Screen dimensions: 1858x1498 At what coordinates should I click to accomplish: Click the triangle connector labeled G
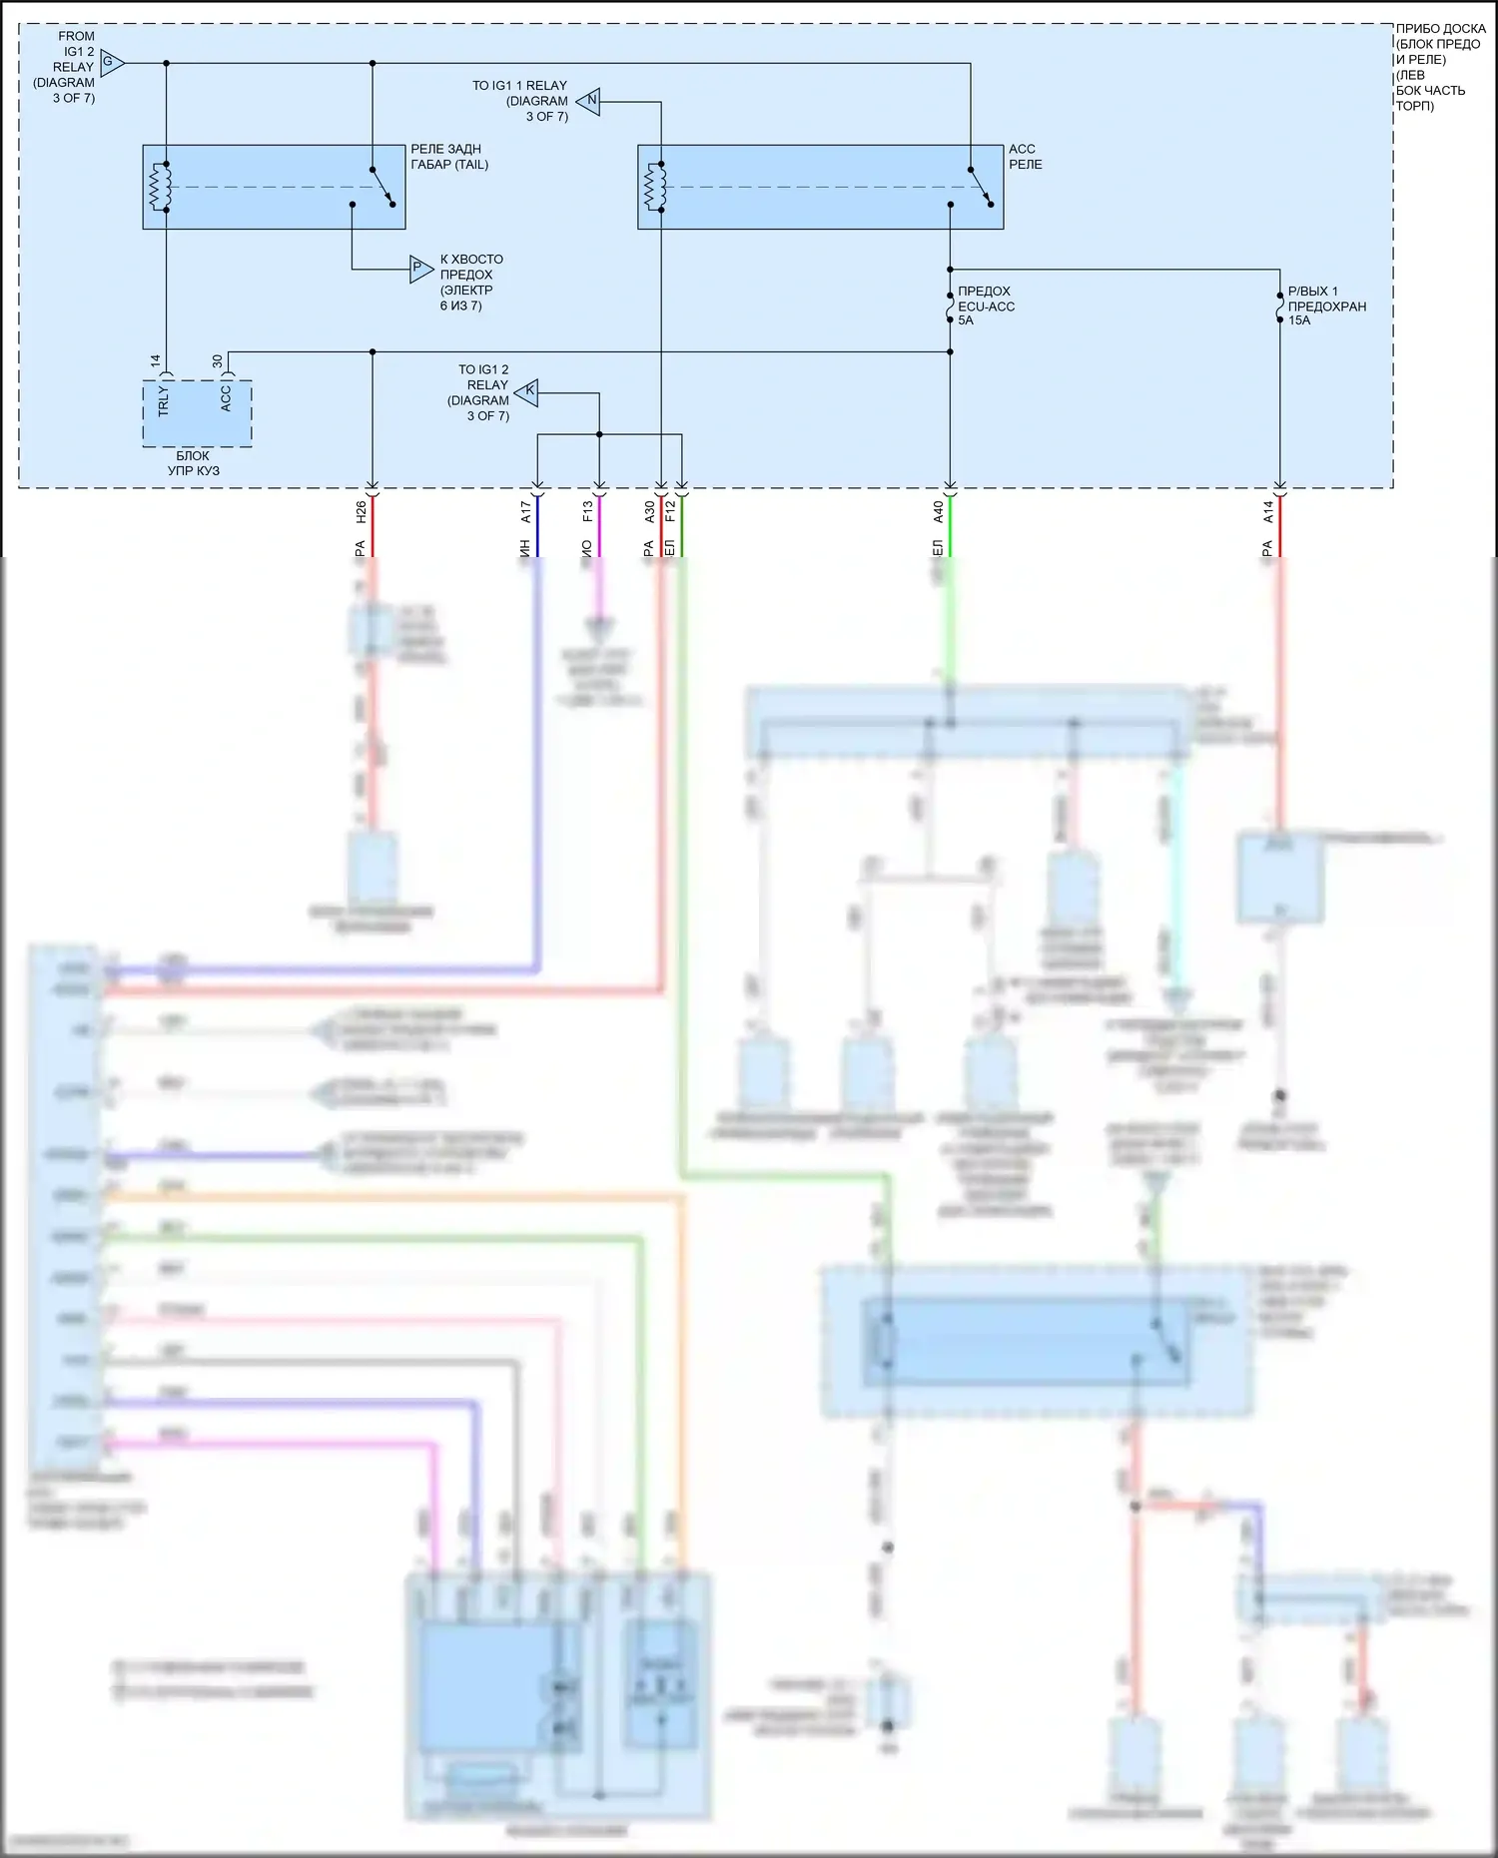tap(111, 63)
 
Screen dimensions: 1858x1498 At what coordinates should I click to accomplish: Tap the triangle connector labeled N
tap(589, 101)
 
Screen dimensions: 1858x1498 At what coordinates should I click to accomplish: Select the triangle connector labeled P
tap(420, 268)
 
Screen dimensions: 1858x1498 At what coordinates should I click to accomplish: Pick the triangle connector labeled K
tap(527, 392)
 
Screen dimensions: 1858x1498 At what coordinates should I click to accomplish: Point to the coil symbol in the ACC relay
tap(654, 187)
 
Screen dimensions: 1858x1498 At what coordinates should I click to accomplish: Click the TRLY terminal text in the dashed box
tap(164, 402)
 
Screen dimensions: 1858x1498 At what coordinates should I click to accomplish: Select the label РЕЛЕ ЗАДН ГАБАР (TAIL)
tap(449, 157)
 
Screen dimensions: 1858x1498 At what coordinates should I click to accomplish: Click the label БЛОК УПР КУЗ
tap(194, 463)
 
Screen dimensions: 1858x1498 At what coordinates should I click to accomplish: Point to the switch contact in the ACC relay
tap(981, 187)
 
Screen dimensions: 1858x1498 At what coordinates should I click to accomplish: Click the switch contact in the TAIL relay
tap(382, 187)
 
